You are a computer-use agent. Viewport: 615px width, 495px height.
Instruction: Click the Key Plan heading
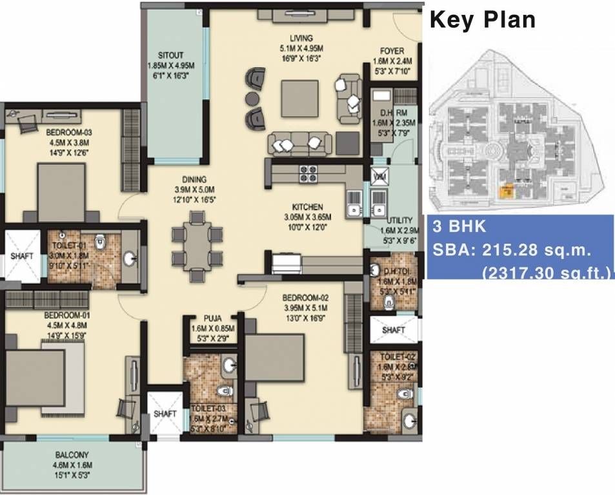coord(483,19)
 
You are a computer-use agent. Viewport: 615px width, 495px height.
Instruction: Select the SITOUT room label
coord(172,55)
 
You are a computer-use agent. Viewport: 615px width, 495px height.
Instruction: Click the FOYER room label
coord(392,51)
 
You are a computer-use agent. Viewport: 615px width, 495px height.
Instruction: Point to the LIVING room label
coord(301,39)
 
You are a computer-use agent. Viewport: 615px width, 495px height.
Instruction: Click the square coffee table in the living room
coord(299,99)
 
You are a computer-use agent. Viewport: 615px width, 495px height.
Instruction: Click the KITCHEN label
coord(307,207)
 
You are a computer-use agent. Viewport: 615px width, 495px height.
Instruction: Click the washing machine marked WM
coord(378,175)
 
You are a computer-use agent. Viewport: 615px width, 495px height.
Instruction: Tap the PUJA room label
coord(213,318)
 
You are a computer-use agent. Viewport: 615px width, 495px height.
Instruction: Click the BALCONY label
coord(73,455)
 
